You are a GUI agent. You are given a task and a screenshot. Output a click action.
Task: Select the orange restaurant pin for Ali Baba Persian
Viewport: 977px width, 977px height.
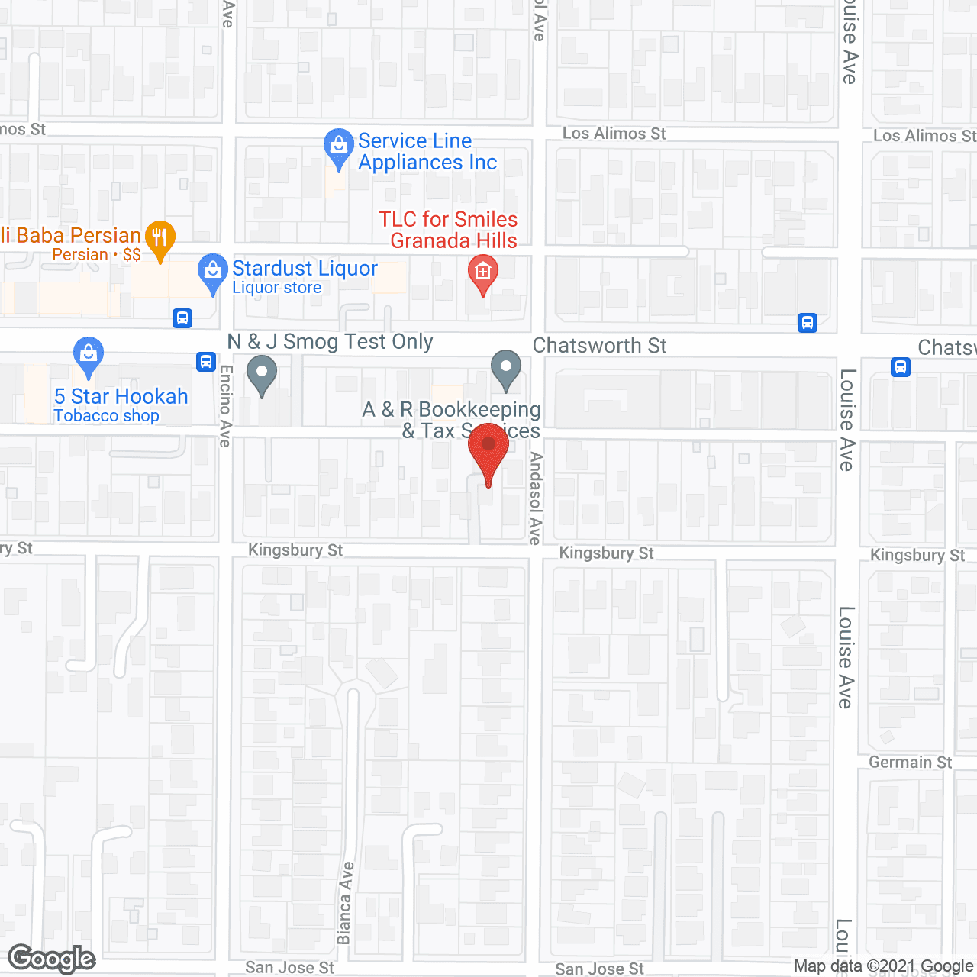click(x=160, y=238)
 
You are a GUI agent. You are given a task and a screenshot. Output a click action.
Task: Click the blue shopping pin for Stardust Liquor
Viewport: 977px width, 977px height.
click(x=212, y=272)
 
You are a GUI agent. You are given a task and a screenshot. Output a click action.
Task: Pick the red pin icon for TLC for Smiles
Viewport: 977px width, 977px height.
click(x=482, y=273)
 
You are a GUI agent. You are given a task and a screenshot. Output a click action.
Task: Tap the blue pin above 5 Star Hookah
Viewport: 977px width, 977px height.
click(x=89, y=355)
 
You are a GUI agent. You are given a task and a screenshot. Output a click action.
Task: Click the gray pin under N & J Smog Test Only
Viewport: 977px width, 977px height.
click(x=262, y=374)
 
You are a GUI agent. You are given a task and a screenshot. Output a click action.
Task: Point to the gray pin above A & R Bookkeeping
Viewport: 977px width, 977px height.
click(x=505, y=369)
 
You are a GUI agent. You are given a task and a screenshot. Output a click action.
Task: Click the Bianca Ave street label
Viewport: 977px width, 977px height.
click(x=345, y=903)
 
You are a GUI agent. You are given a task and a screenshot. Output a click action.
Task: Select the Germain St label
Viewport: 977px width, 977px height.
click(x=910, y=763)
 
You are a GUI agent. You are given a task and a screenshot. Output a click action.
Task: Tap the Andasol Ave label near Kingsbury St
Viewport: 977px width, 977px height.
click(x=536, y=498)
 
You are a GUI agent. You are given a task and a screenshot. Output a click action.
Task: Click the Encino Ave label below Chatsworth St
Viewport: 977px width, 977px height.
click(x=225, y=405)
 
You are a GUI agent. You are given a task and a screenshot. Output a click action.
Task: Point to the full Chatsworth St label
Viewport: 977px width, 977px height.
click(x=599, y=346)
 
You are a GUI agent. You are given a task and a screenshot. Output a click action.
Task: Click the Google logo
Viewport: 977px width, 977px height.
click(x=52, y=959)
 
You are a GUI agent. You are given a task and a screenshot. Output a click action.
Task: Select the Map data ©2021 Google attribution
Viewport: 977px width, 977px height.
click(x=883, y=966)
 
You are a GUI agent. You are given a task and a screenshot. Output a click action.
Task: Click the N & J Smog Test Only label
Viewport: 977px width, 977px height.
click(x=331, y=342)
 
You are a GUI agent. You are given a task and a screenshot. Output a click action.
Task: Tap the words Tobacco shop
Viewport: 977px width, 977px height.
click(x=106, y=416)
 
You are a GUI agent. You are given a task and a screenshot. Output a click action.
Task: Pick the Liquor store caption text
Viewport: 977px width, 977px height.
click(x=276, y=288)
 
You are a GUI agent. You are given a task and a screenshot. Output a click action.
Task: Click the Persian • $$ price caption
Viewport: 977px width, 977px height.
click(x=96, y=255)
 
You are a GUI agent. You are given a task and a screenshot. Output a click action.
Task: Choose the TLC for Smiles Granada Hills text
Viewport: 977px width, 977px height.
click(x=449, y=230)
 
